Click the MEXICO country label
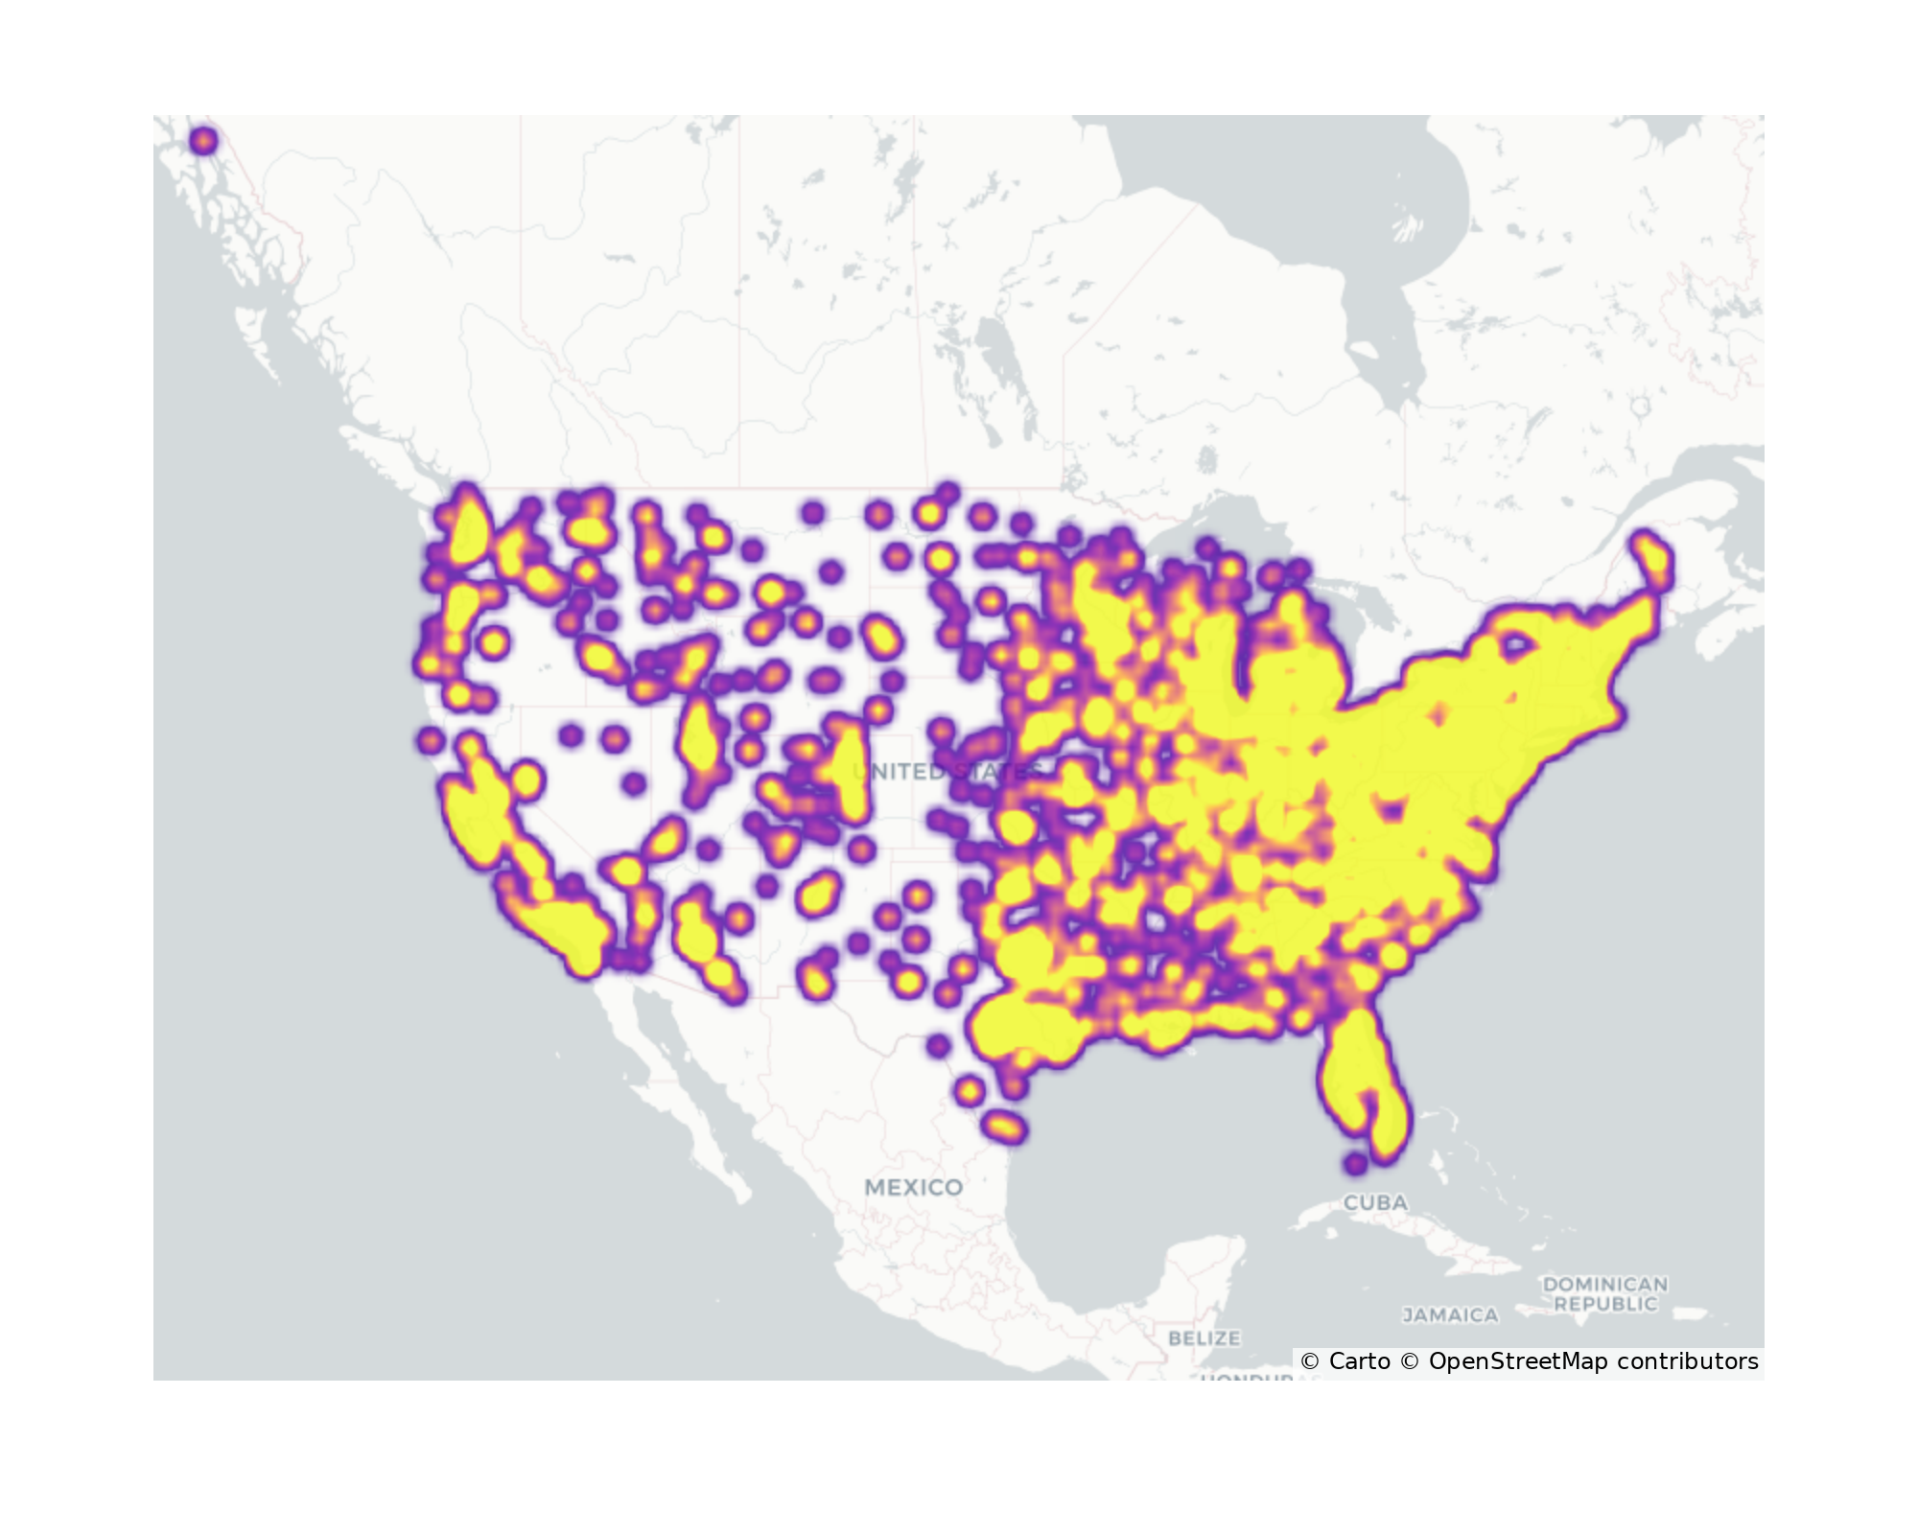(x=913, y=1187)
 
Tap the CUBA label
(x=1375, y=1202)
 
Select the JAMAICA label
(x=1450, y=1315)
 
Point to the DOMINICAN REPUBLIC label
(x=1604, y=1293)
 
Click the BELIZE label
(x=1205, y=1337)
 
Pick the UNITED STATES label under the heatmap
(x=945, y=772)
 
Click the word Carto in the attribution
(x=1359, y=1361)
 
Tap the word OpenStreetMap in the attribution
(x=1518, y=1361)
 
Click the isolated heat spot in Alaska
(x=203, y=142)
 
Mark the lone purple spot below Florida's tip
(x=1355, y=1164)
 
